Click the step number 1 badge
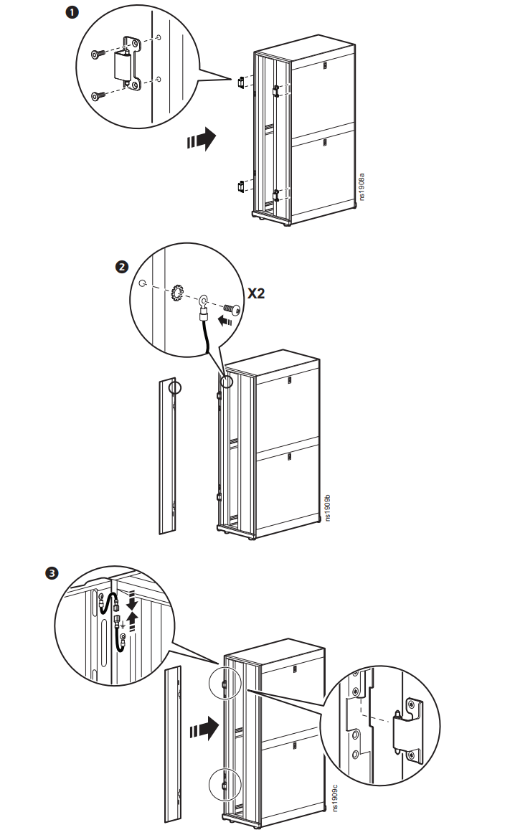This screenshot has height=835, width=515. coord(72,11)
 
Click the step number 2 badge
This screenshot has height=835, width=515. coord(122,266)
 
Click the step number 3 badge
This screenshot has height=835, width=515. coord(52,574)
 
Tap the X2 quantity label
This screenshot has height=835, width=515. coord(256,293)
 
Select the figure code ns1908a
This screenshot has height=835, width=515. coord(362,187)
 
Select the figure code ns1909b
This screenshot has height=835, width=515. coord(328,507)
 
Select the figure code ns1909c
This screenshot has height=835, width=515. coord(335,798)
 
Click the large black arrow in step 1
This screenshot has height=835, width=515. coord(202,139)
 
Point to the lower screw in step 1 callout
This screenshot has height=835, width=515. coord(98,96)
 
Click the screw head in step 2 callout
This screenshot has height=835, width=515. coord(232,309)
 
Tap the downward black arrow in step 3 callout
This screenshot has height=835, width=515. coord(131,603)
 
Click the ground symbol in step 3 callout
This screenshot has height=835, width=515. coord(123,623)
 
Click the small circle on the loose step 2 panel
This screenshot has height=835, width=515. coord(175,387)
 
